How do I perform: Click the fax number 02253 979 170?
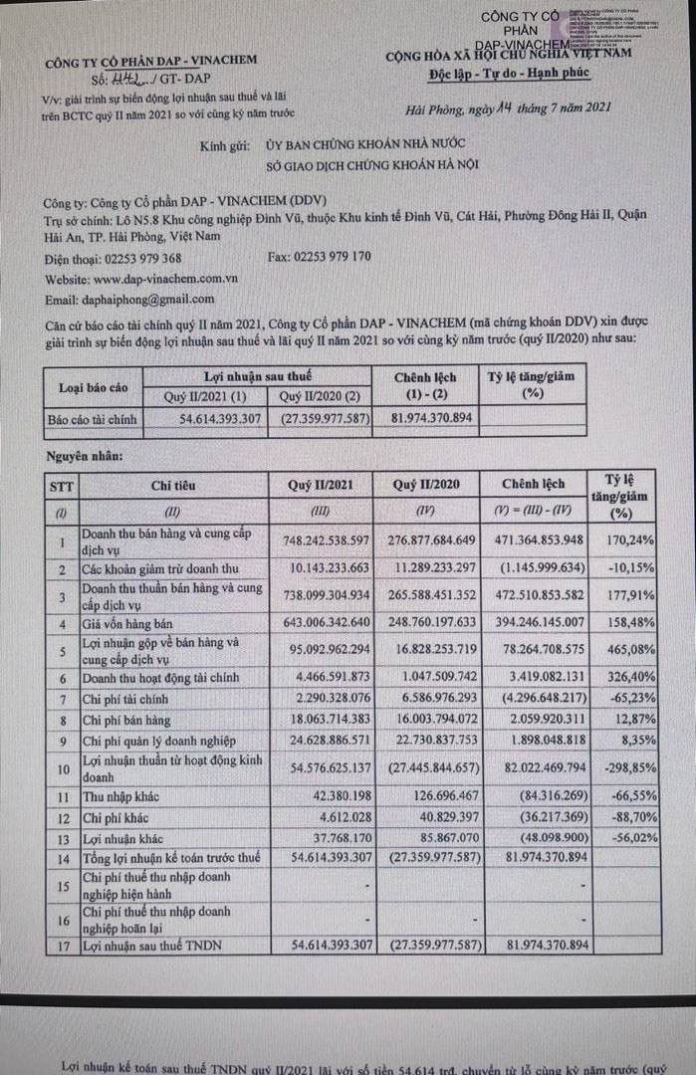(333, 257)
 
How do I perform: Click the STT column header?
(59, 485)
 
